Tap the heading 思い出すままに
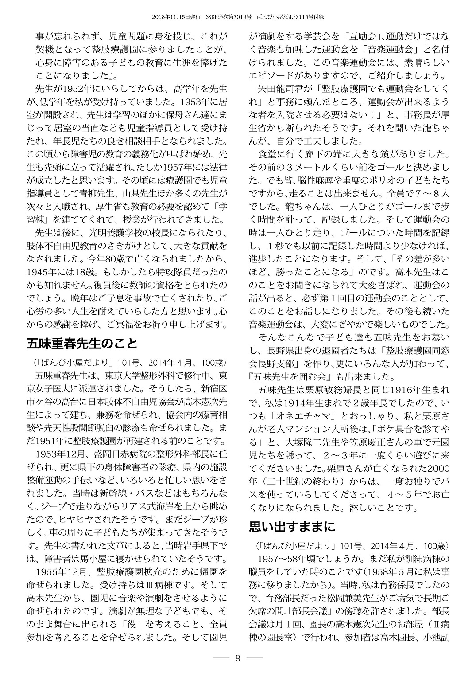click(292, 527)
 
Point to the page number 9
click(238, 658)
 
